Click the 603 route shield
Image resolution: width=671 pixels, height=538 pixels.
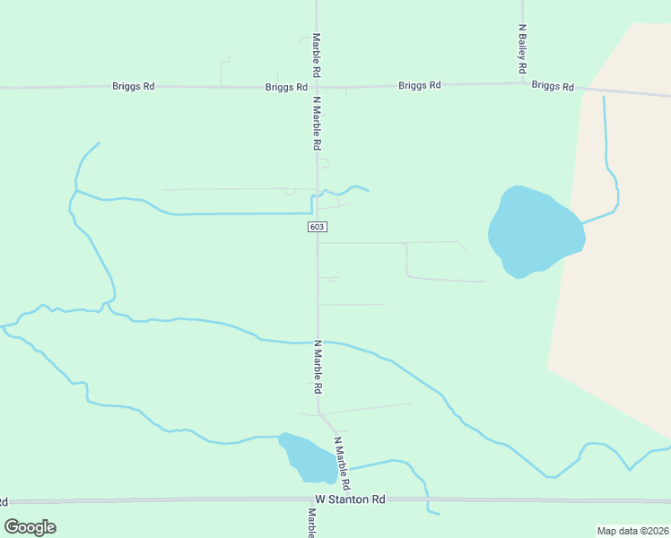coord(317,227)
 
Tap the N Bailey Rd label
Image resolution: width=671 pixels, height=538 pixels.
coord(522,48)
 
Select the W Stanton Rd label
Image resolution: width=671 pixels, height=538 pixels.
coord(350,499)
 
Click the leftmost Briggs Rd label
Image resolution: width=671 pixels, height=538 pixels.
coord(134,86)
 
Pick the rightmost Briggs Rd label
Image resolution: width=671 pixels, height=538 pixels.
coord(553,86)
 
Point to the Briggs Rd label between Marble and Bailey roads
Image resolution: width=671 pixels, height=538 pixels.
coord(420,85)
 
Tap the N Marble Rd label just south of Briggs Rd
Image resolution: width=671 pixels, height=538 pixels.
coord(317,123)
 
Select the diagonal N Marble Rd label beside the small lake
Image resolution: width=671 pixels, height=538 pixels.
coord(341,463)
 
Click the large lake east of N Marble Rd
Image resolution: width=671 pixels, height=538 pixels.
coord(535,230)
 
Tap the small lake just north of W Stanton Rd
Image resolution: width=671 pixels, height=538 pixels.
coord(308,458)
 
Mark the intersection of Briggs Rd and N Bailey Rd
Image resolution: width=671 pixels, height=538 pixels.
coord(523,84)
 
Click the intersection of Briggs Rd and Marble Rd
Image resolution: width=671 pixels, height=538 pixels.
coord(317,87)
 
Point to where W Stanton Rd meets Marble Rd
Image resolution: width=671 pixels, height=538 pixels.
coord(317,500)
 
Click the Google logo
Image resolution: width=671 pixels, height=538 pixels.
coord(30,527)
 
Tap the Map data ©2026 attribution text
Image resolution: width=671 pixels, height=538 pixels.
coord(632,531)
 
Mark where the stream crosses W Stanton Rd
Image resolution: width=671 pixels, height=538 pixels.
coord(426,500)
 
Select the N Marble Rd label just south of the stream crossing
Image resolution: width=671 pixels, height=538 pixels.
coord(317,368)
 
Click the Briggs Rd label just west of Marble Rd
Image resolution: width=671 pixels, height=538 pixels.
coord(287,88)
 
